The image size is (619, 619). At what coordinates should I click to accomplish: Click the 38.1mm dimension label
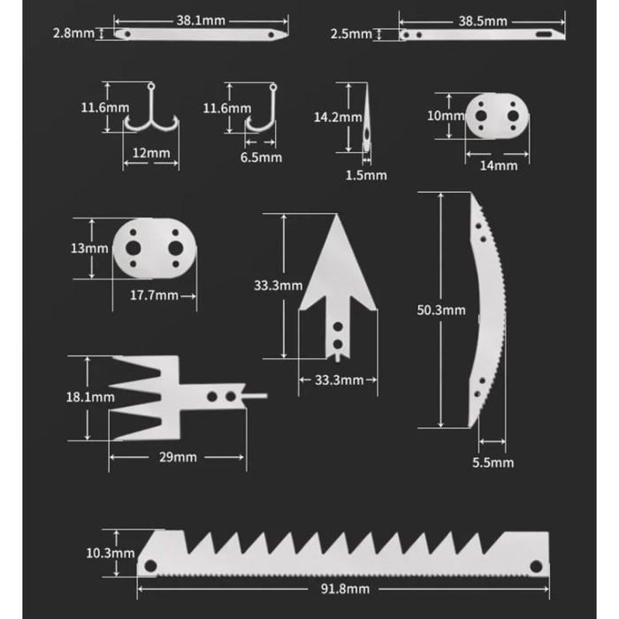pos(201,20)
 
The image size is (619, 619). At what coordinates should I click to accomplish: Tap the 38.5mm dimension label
pos(483,21)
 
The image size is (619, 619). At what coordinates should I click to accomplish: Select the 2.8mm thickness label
pos(73,34)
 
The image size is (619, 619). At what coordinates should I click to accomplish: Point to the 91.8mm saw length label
pos(345,589)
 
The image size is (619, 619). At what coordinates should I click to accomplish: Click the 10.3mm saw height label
pos(111,553)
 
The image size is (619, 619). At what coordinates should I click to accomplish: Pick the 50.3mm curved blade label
pos(441,309)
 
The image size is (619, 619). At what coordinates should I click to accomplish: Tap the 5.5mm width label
pos(493,462)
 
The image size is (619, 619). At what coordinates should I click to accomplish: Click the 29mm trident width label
pos(178,457)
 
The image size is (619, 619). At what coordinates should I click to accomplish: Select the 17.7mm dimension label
pos(154,295)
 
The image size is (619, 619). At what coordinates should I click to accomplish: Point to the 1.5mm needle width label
pos(366,175)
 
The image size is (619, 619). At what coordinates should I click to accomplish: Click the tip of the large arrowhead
pos(337,215)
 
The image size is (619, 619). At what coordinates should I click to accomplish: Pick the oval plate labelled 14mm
pos(497,116)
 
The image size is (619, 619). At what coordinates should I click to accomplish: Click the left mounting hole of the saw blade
pos(150,566)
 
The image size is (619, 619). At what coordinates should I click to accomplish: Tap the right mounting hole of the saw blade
pos(536,567)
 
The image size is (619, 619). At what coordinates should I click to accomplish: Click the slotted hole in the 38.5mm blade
pos(544,34)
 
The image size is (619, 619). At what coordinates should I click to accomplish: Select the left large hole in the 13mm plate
pos(133,248)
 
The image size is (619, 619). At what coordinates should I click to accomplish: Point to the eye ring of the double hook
pos(151,86)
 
